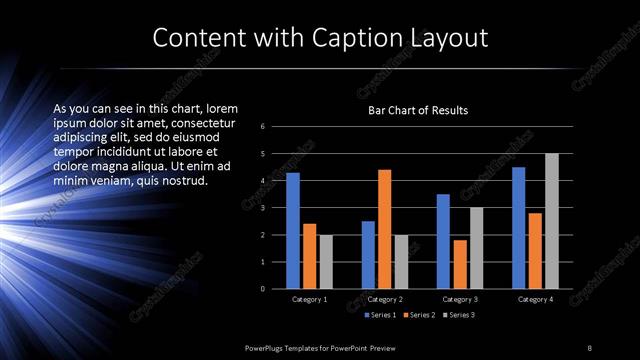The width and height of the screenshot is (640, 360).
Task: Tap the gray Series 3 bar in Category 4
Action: point(551,221)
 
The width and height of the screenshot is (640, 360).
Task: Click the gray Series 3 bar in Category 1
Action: point(325,262)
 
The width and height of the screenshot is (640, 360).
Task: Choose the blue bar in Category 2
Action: point(368,255)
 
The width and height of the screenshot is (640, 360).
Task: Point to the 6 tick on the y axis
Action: point(262,127)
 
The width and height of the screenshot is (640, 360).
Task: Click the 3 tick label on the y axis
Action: point(262,208)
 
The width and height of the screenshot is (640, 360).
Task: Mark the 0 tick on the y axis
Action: point(262,289)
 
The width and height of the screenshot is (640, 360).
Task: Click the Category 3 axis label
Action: point(460,299)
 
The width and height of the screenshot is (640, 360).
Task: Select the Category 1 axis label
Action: point(309,299)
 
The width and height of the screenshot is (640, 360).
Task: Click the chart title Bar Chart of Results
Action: point(418,110)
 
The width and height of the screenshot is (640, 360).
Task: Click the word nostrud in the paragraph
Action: point(183,181)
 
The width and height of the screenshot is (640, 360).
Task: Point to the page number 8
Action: point(589,347)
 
